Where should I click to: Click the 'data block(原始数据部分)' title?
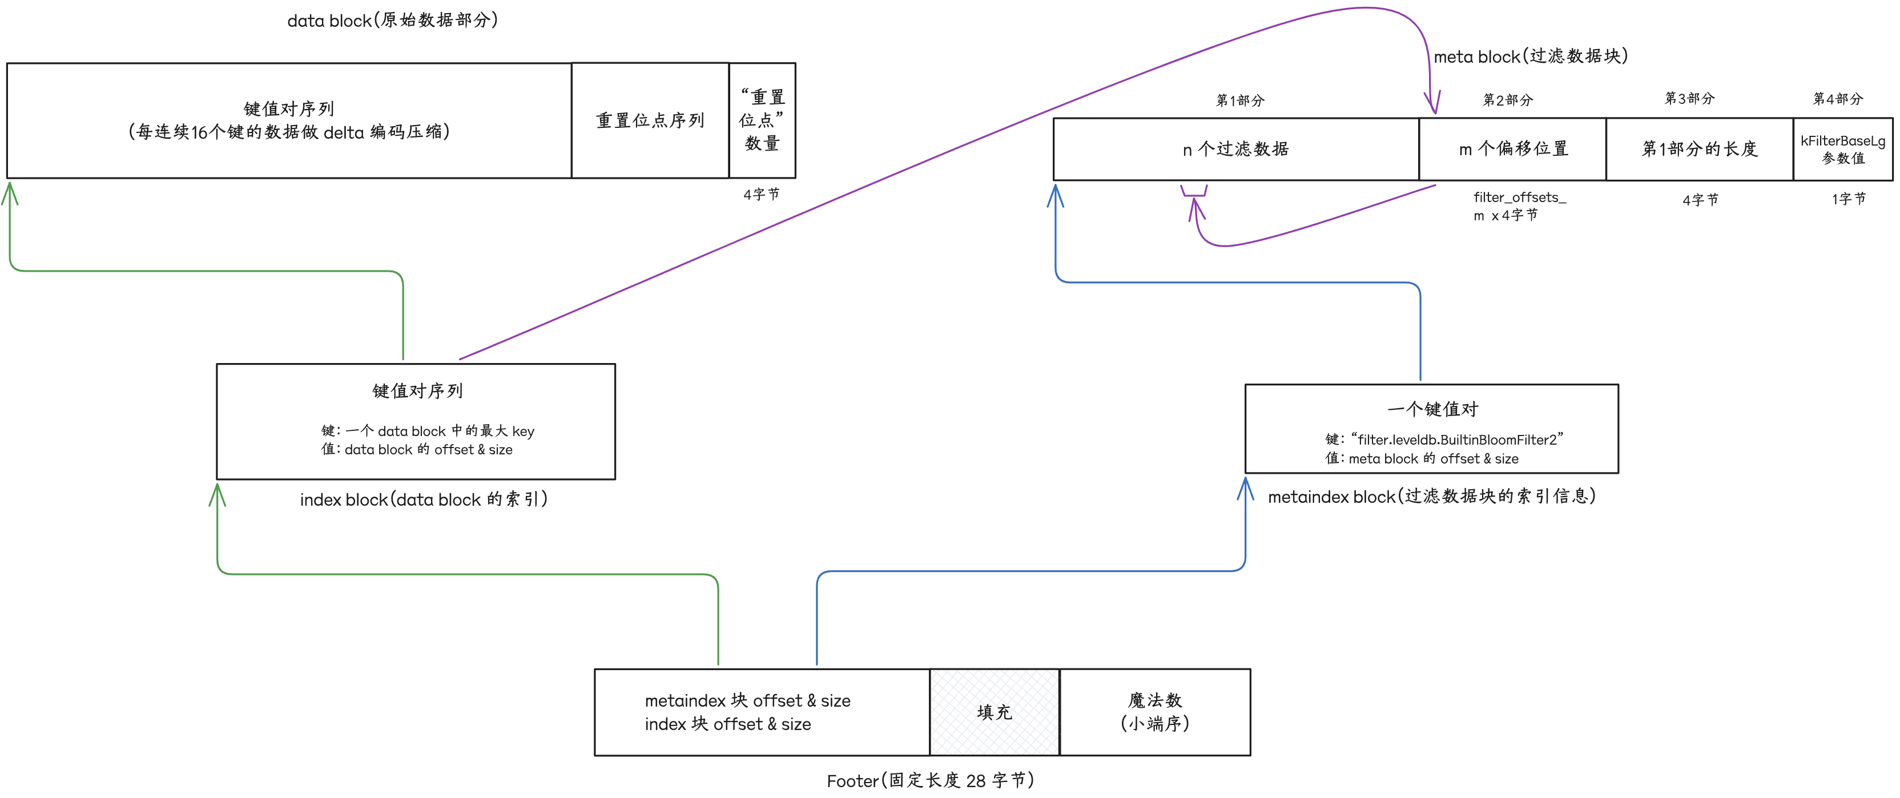point(392,20)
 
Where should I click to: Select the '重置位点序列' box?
point(650,120)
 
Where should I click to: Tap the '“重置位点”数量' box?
point(762,120)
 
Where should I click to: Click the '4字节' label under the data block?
point(761,194)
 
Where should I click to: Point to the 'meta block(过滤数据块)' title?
point(1531,56)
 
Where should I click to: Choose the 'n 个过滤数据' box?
point(1235,149)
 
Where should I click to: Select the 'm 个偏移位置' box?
point(1513,149)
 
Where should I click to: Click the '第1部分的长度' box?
point(1700,149)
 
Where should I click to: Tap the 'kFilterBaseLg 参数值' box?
point(1842,149)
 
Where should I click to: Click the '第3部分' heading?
point(1689,99)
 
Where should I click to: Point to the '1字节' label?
point(1849,199)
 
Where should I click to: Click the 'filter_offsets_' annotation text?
point(1519,197)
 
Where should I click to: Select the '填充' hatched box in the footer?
point(995,712)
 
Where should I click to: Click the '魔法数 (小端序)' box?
point(1154,712)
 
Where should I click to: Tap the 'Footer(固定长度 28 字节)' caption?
point(930,780)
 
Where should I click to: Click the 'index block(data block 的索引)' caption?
point(424,499)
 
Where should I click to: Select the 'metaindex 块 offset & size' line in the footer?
point(747,700)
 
